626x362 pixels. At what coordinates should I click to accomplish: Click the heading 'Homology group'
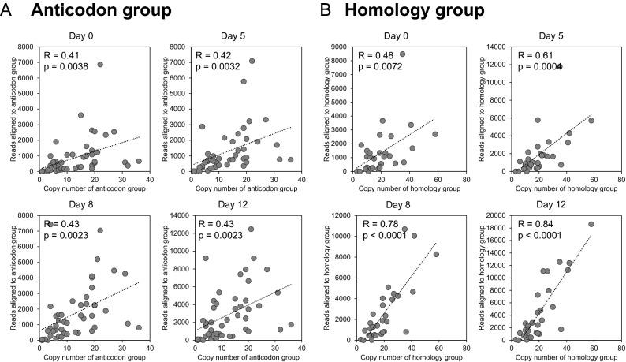coord(413,11)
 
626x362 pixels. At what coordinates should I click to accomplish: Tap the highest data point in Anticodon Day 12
coord(252,230)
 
